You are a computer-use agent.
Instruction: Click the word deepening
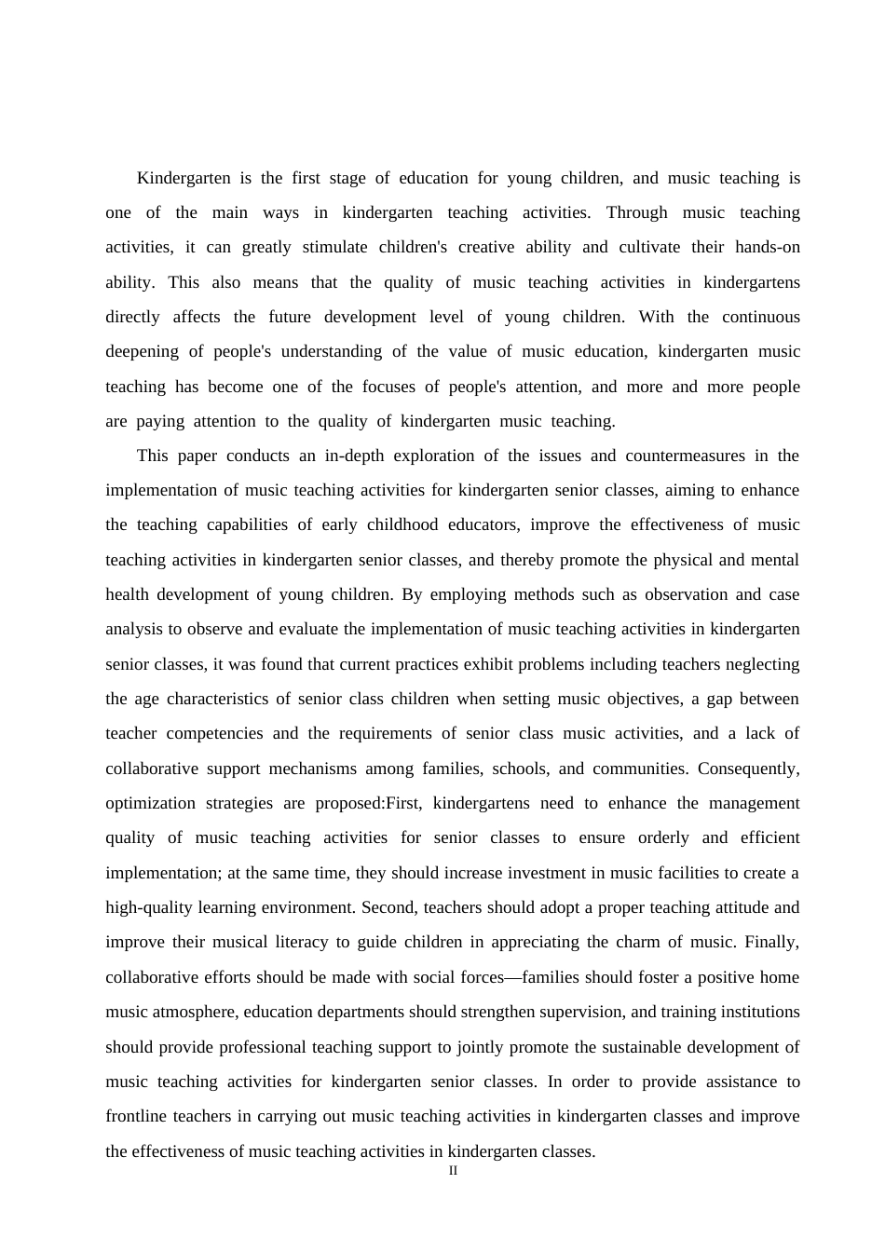point(142,351)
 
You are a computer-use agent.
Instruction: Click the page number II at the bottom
point(453,1171)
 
